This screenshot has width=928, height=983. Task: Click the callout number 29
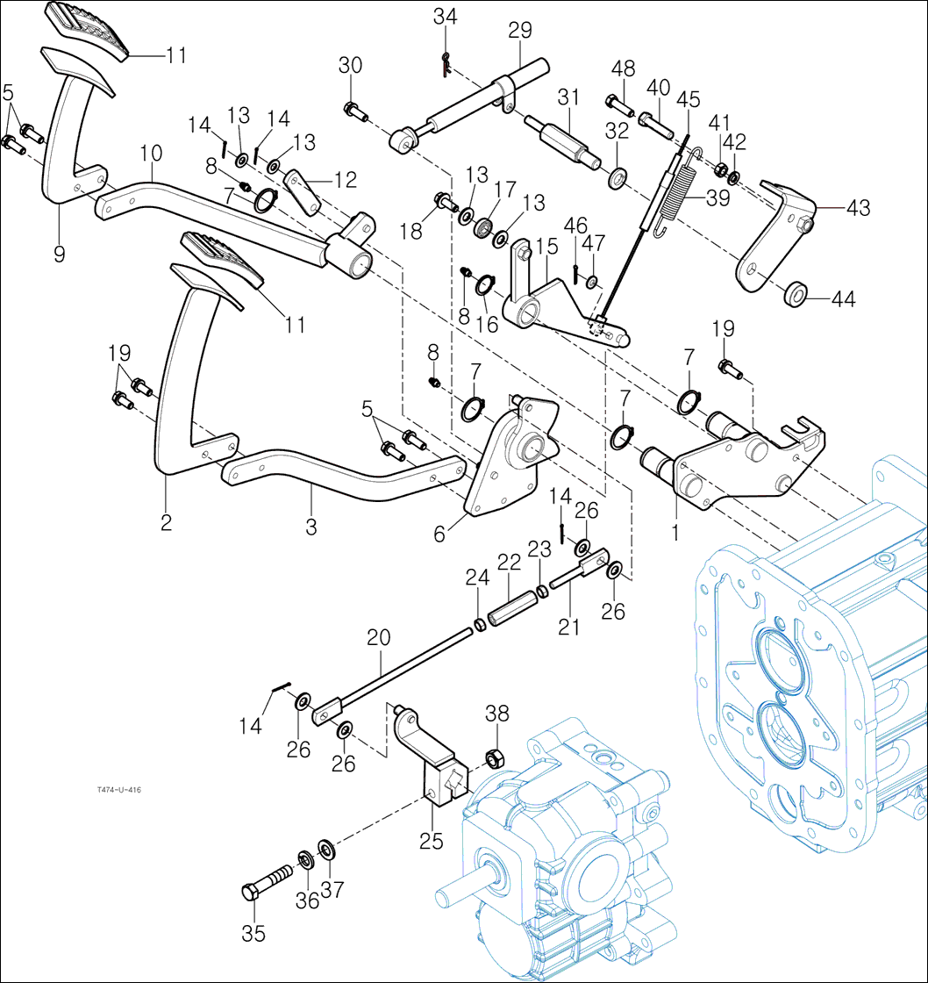[520, 32]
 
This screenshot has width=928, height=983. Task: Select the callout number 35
[253, 935]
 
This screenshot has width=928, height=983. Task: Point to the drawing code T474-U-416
[119, 790]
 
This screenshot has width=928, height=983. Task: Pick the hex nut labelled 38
[493, 756]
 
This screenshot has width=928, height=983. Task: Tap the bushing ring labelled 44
[796, 293]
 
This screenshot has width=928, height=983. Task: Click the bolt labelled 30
[354, 111]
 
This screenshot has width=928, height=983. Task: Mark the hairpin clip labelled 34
[446, 61]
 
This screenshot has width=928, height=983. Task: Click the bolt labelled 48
[620, 106]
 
